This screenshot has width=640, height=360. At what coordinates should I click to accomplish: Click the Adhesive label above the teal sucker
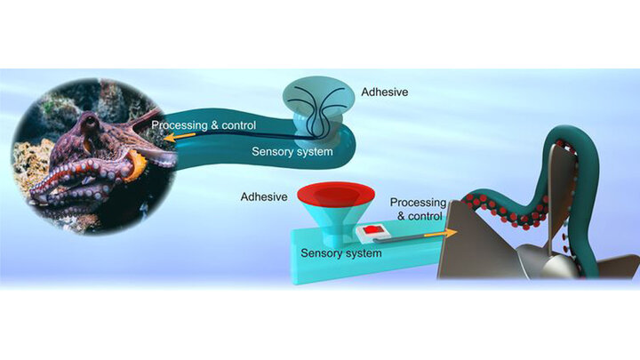[x=383, y=92]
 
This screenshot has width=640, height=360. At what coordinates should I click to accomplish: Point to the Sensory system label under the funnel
[x=341, y=254]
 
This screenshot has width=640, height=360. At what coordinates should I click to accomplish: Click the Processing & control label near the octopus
[x=204, y=124]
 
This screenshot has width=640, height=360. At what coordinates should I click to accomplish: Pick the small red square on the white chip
[x=371, y=231]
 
